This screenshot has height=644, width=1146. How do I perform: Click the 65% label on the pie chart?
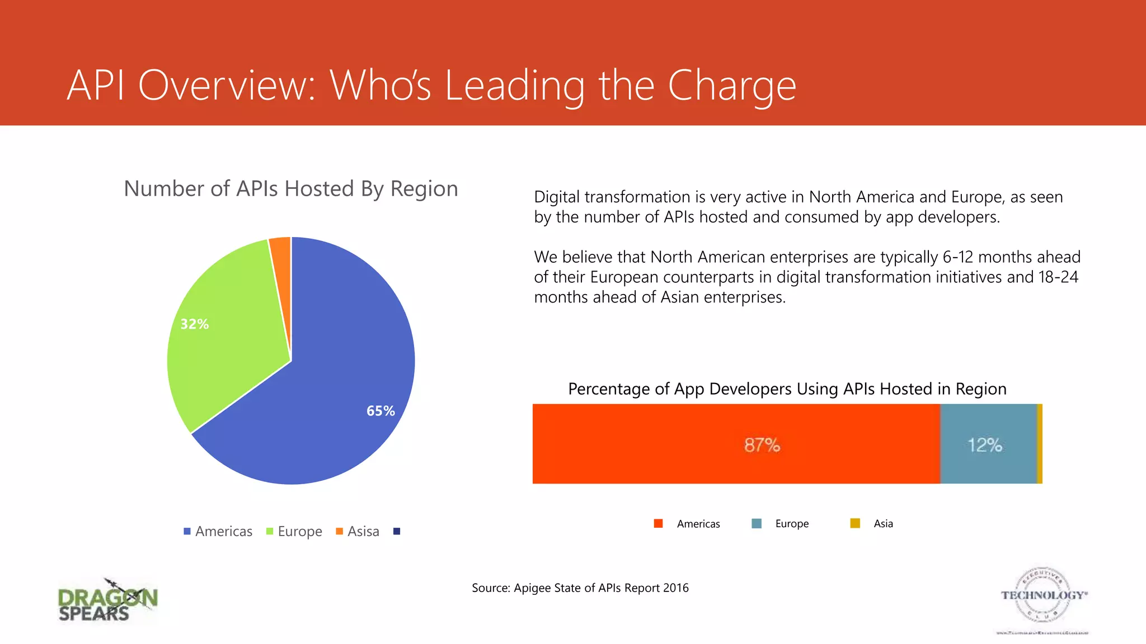[x=381, y=411]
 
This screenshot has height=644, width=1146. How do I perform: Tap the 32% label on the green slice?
[x=194, y=324]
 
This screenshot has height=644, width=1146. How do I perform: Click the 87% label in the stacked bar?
[x=762, y=445]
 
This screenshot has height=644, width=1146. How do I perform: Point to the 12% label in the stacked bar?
[x=985, y=445]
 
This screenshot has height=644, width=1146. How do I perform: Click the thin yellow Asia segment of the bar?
[x=1040, y=444]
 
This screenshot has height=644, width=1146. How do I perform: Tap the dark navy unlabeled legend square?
[x=397, y=531]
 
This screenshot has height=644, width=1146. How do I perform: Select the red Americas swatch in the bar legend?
[x=659, y=524]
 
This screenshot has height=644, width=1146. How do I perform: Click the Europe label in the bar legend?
[x=792, y=524]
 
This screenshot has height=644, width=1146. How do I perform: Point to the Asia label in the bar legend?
[x=883, y=524]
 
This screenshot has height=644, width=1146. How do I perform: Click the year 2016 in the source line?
[x=675, y=588]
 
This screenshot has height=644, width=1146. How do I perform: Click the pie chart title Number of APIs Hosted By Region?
[x=290, y=189]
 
